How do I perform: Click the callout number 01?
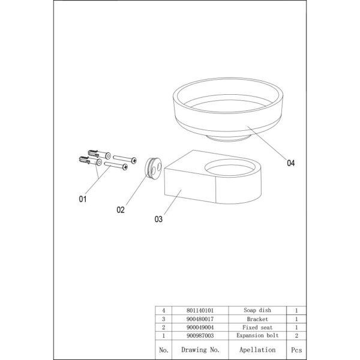pos(83,199)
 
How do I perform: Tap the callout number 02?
pos(121,210)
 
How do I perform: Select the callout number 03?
pos(158,219)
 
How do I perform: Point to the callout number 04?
pos(290,163)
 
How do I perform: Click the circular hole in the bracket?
pos(230,167)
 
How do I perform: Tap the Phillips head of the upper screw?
pos(134,160)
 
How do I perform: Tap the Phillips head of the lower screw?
pos(125,167)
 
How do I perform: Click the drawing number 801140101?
pos(200,310)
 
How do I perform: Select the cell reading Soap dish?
pos(257,310)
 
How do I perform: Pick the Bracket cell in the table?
pos(257,319)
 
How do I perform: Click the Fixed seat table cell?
pos(257,327)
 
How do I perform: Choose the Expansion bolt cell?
pos(257,335)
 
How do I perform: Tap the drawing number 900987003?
pos(200,335)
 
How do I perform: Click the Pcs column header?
pos(296,350)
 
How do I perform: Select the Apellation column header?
pos(257,350)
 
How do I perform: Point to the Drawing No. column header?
pos(200,350)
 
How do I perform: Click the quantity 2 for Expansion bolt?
pos(296,335)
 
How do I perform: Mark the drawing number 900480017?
pos(200,319)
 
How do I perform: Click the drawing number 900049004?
pos(200,327)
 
